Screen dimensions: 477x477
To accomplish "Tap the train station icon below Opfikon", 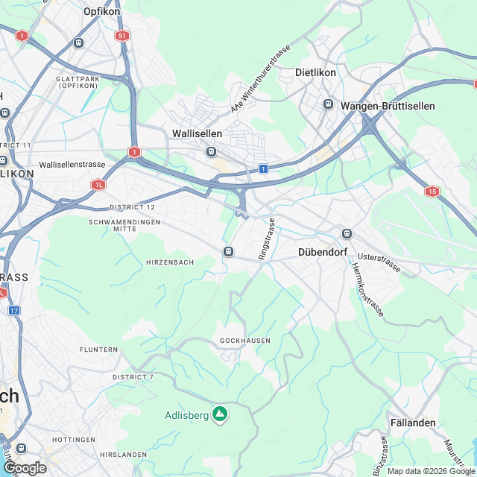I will (78, 43).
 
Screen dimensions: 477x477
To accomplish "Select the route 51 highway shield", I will (122, 36).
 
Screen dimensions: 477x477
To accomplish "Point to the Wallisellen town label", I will (197, 133).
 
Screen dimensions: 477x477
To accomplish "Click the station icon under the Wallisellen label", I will (212, 152).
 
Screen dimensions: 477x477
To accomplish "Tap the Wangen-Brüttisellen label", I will (388, 107).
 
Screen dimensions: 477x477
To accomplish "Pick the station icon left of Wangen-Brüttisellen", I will (328, 104).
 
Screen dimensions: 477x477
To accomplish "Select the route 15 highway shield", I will (432, 192).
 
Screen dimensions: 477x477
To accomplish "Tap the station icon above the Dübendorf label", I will (346, 234).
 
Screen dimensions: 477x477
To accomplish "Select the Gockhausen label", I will (245, 341).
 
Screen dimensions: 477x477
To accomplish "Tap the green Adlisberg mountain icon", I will (219, 413).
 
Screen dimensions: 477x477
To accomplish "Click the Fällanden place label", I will (413, 423).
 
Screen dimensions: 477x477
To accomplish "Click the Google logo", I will (25, 467).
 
